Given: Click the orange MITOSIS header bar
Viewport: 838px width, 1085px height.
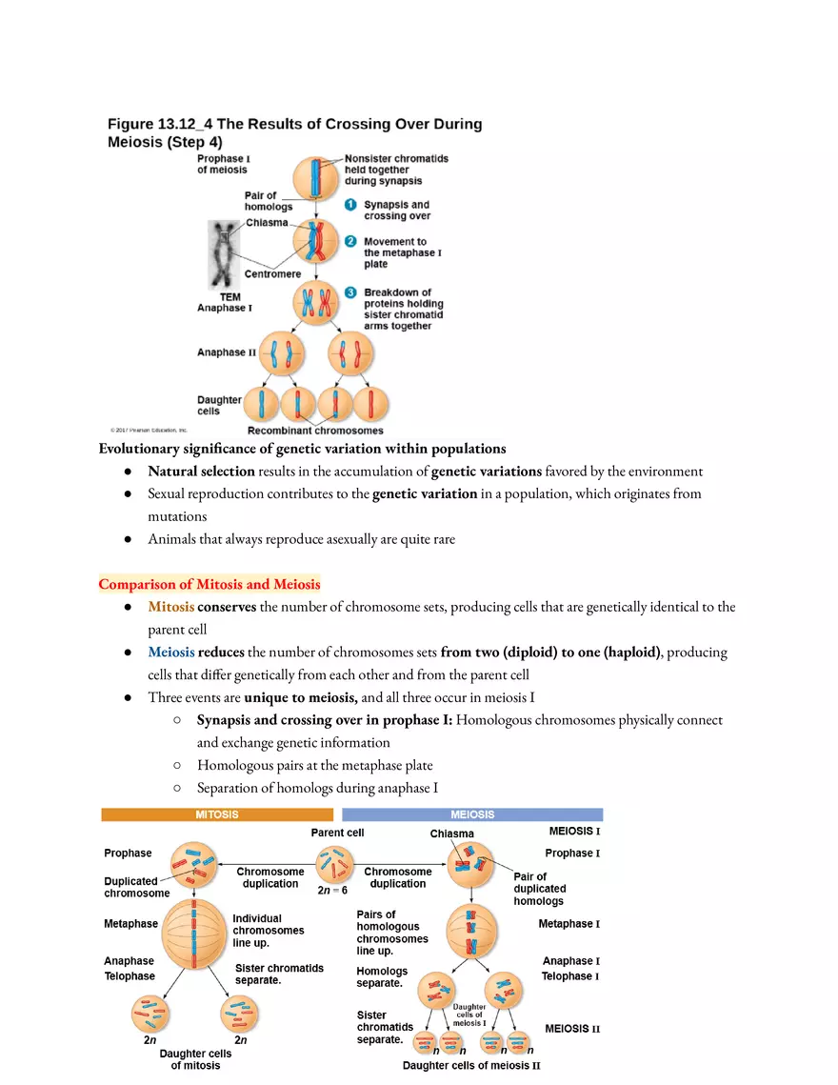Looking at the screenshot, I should pyautogui.click(x=217, y=814).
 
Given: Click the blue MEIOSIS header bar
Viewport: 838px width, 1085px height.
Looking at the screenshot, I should pyautogui.click(x=472, y=814).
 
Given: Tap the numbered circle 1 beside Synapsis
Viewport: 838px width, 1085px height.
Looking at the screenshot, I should pyautogui.click(x=349, y=205).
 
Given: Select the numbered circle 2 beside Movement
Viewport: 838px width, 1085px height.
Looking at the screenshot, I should pyautogui.click(x=349, y=242).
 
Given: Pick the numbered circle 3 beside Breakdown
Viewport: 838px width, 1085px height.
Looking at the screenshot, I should pyautogui.click(x=349, y=292).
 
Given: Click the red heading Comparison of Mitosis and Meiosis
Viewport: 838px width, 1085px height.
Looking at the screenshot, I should pyautogui.click(x=209, y=584).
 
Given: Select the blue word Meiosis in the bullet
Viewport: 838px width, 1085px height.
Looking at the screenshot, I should pyautogui.click(x=170, y=653).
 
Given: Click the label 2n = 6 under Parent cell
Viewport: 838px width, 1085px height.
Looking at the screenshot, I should pyautogui.click(x=332, y=893).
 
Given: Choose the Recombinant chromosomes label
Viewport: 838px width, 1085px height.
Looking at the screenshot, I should pyautogui.click(x=314, y=431).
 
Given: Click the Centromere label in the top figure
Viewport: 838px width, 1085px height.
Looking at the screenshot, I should pyautogui.click(x=272, y=274).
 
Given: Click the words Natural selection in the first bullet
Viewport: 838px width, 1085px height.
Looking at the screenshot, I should pyautogui.click(x=201, y=472).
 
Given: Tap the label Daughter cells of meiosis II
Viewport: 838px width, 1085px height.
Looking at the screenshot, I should pyautogui.click(x=471, y=1066).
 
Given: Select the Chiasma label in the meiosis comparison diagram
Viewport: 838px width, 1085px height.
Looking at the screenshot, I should pyautogui.click(x=451, y=834).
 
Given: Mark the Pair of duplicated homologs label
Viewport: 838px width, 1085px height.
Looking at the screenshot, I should pyautogui.click(x=540, y=889).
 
